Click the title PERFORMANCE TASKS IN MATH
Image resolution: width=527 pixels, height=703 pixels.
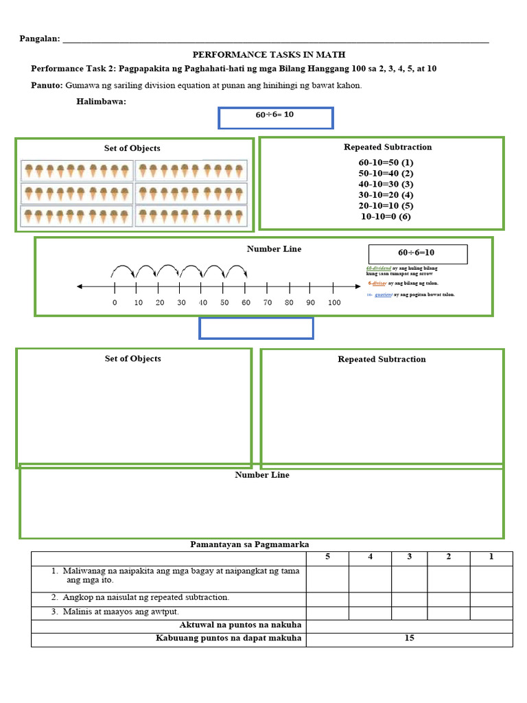[268, 54]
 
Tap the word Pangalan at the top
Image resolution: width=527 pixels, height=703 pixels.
[39, 39]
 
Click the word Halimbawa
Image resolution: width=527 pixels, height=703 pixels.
[101, 102]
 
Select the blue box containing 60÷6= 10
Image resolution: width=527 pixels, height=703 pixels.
[275, 117]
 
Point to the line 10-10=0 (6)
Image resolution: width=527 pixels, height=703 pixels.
[386, 216]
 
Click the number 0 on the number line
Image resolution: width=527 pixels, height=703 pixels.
[115, 303]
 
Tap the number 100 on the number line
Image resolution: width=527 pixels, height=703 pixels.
[333, 303]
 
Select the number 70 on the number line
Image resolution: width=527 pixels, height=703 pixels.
[268, 303]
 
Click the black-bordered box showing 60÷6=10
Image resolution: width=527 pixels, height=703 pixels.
[418, 254]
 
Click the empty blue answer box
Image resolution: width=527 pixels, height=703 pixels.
[256, 328]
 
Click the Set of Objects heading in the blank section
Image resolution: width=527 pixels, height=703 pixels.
[132, 358]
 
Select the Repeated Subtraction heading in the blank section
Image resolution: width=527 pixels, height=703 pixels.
[382, 359]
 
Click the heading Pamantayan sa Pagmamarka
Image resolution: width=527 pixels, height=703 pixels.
[254, 544]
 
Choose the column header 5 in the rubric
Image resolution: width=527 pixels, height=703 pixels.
[327, 557]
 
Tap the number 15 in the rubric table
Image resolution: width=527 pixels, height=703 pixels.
[409, 638]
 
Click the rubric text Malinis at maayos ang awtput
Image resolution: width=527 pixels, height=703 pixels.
[120, 612]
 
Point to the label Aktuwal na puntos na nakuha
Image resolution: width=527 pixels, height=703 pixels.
[240, 625]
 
